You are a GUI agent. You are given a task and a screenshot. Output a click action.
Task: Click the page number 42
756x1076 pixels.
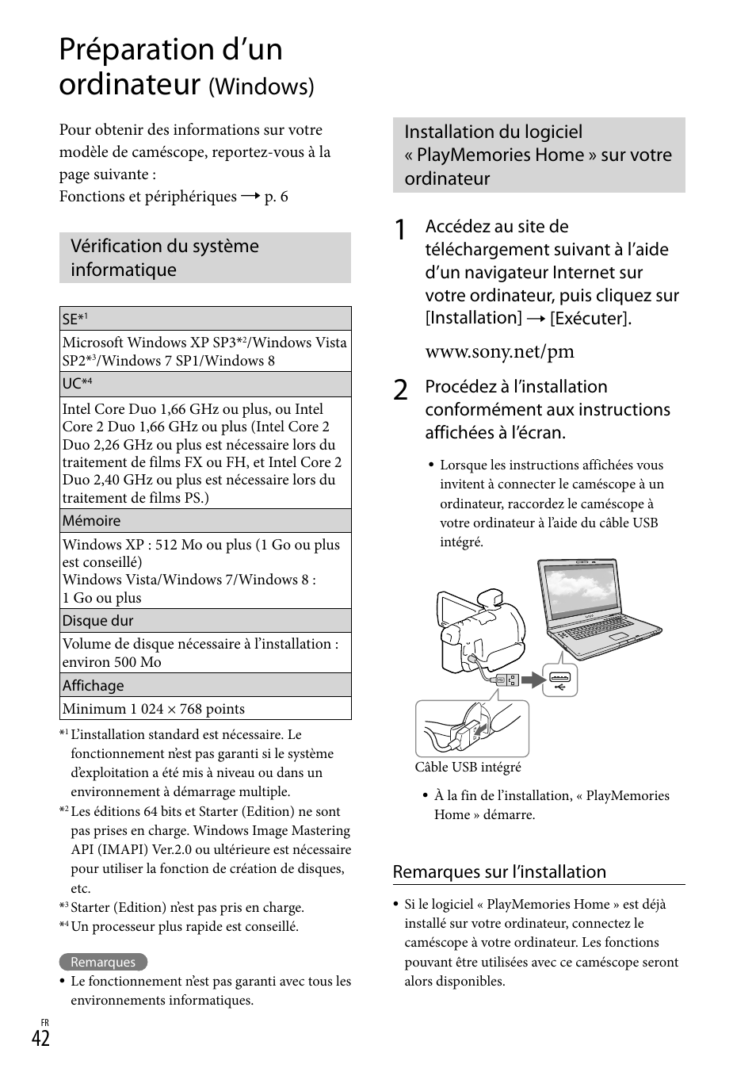[41, 1039]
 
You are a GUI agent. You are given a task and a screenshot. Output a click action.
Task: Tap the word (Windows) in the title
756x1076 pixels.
[261, 86]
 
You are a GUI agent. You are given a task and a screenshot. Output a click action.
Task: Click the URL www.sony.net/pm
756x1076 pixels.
[499, 351]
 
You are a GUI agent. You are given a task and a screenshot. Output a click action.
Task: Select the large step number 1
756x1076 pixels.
[402, 231]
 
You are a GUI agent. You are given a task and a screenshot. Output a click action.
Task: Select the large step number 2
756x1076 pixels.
[402, 390]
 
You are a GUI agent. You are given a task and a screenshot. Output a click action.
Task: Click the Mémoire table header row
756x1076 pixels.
[205, 521]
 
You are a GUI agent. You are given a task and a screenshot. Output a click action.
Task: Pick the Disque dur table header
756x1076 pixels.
[205, 621]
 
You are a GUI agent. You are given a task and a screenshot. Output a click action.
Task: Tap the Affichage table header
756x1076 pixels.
[205, 686]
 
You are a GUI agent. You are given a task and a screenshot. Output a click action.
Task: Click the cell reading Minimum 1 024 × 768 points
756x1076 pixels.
[205, 709]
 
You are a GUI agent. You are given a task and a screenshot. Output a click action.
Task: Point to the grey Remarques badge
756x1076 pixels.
[103, 962]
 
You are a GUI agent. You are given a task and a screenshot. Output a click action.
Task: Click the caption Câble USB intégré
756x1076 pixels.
[468, 767]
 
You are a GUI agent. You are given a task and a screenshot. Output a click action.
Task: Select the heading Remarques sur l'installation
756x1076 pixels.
[499, 872]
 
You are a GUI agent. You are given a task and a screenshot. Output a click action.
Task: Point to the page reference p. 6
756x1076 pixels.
[276, 197]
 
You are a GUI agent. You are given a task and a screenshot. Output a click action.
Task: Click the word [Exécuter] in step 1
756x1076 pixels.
[590, 318]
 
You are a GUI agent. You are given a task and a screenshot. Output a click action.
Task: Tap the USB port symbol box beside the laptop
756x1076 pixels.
[559, 680]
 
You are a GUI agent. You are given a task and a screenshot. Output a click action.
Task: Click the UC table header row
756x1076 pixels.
[205, 384]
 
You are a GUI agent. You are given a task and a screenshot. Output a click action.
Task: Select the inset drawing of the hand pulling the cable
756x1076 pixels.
[472, 729]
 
